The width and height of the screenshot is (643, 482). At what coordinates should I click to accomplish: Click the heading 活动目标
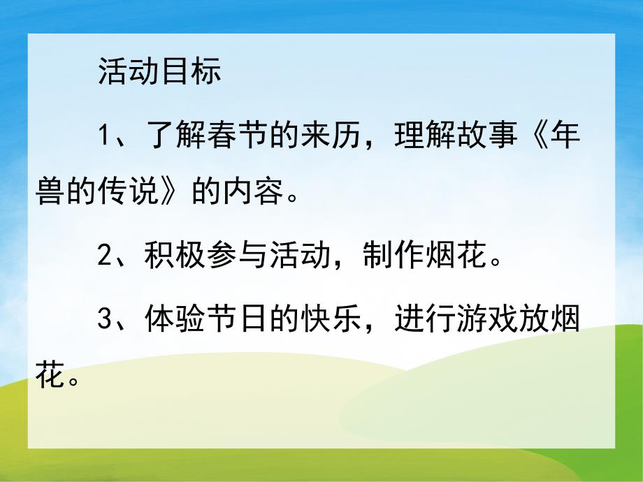[x=159, y=73]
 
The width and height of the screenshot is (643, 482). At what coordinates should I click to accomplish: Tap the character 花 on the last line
[x=49, y=378]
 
